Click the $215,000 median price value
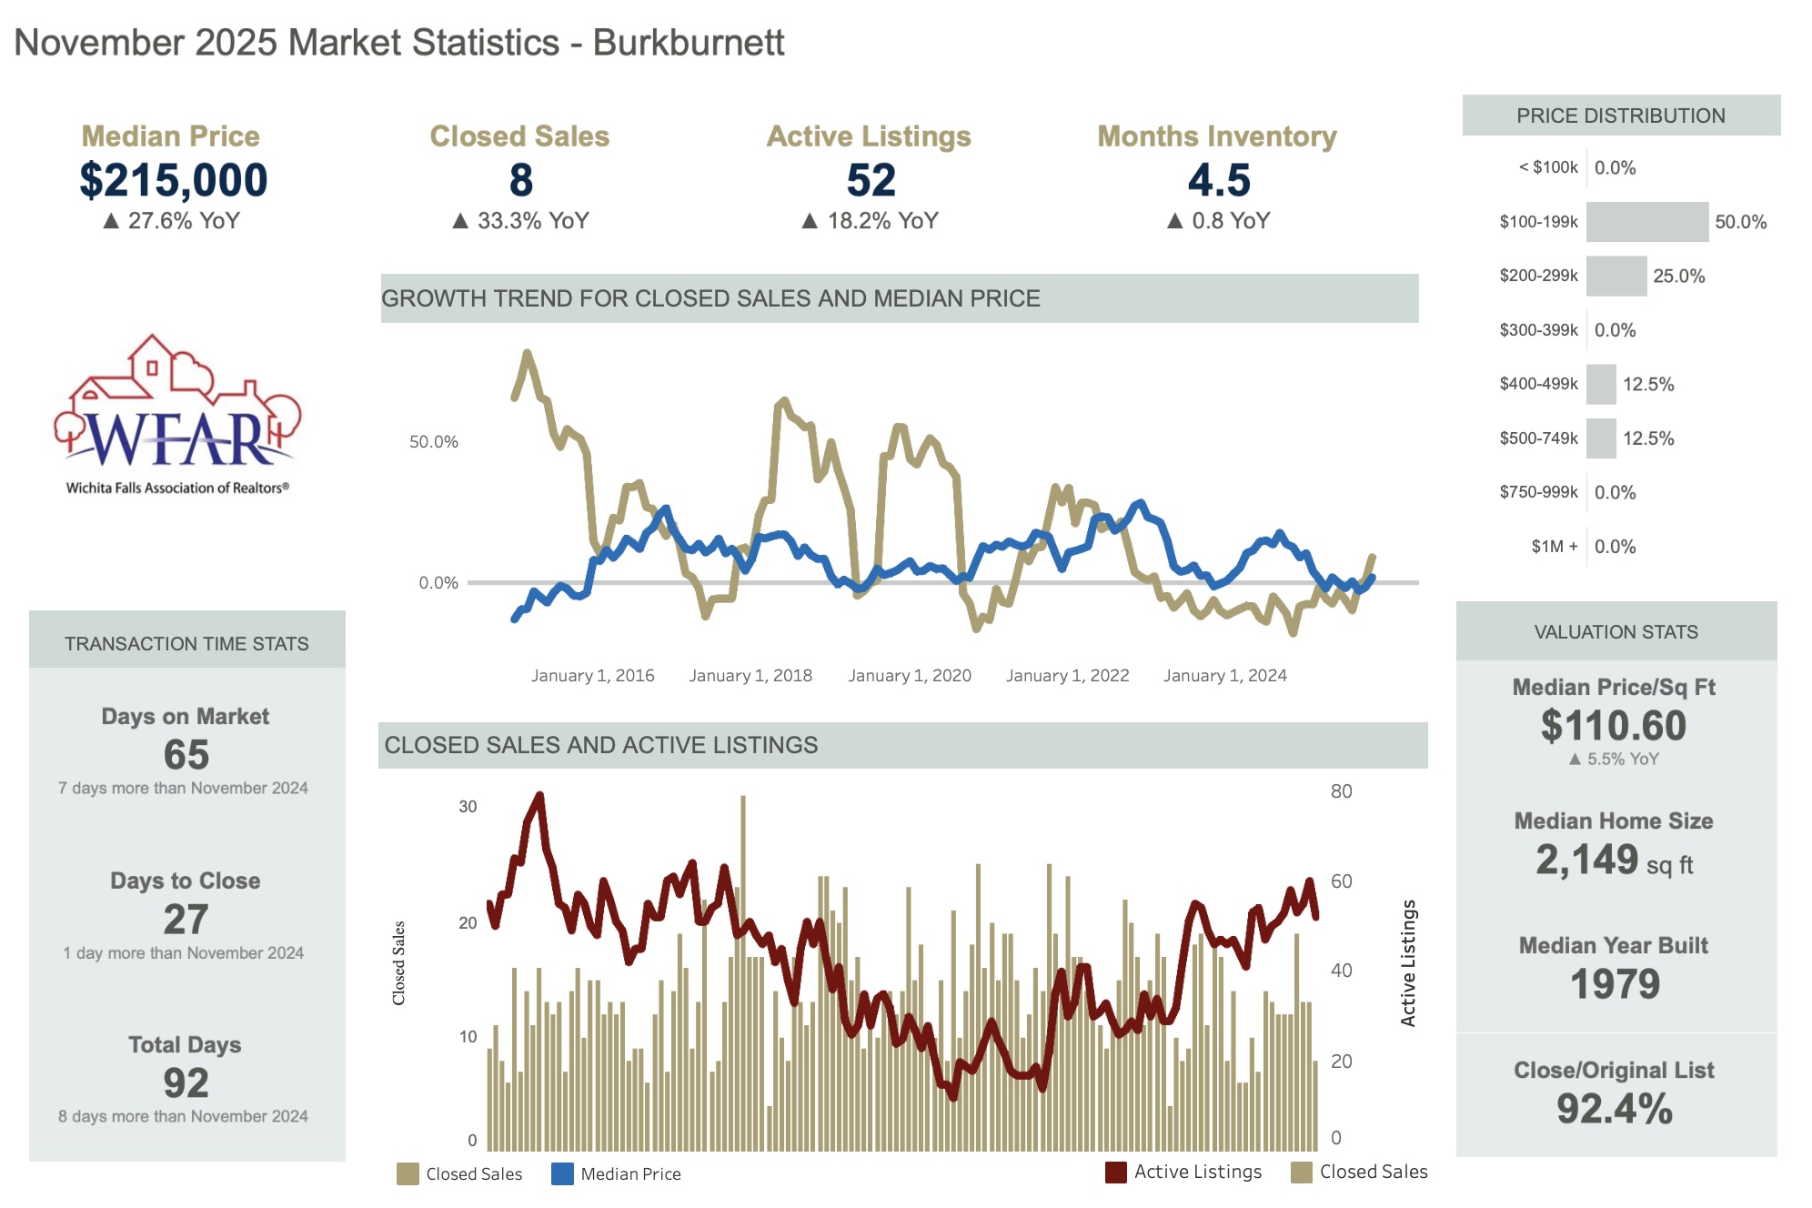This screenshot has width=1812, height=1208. (173, 180)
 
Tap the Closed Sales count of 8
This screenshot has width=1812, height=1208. (520, 180)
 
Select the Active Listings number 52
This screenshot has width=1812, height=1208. (871, 180)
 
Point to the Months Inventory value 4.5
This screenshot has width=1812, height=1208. (1218, 180)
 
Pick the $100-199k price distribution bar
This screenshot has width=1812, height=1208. (1646, 222)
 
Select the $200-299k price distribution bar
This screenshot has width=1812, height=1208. (1616, 276)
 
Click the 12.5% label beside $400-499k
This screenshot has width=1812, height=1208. (1647, 384)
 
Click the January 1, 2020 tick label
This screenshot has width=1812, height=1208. (909, 676)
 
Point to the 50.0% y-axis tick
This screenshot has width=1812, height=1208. (433, 442)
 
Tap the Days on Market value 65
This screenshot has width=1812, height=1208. (186, 754)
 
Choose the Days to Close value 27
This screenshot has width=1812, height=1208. (186, 919)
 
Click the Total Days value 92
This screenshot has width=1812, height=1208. (186, 1082)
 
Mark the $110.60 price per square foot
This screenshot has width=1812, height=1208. (1613, 726)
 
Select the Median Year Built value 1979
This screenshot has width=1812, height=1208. (1615, 984)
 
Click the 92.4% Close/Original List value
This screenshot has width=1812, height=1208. (1614, 1108)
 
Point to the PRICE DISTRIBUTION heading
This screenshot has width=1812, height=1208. (1620, 116)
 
